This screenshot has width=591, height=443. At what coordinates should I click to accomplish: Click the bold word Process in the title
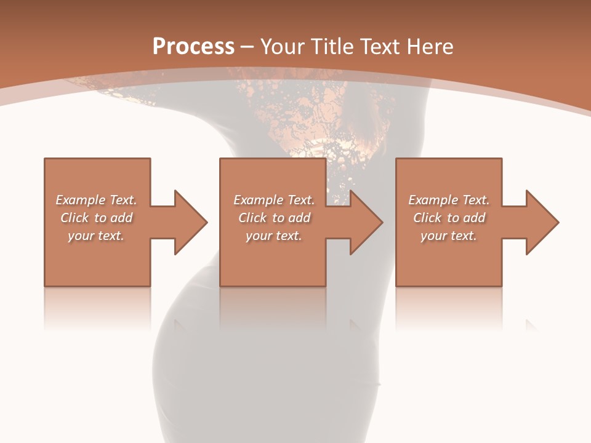click(193, 47)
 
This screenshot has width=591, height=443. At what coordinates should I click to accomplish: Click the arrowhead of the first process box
click(191, 222)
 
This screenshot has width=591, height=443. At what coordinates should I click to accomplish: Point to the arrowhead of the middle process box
click(366, 222)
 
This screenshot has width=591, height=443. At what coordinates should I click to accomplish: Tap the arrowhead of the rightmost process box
click(542, 222)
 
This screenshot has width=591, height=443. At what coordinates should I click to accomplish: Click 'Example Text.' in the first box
click(96, 200)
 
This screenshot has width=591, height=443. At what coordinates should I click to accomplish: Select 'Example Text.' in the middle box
click(274, 200)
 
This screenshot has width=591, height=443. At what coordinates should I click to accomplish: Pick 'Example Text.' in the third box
click(449, 200)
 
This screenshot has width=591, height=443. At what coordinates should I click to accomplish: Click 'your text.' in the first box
click(96, 236)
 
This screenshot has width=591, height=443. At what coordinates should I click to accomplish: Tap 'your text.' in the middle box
click(274, 236)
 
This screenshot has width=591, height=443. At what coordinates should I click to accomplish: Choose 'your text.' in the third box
click(449, 236)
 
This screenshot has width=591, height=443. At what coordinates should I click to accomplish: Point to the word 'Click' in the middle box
click(253, 218)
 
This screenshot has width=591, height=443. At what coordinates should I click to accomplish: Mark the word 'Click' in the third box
click(428, 218)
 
